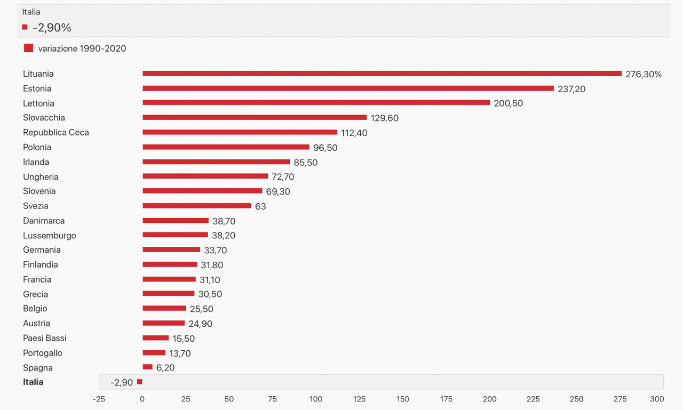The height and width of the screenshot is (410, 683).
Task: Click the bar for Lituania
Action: pyautogui.click(x=382, y=74)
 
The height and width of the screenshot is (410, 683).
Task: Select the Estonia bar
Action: pyautogui.click(x=348, y=89)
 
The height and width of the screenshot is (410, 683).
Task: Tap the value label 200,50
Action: pyautogui.click(x=508, y=103)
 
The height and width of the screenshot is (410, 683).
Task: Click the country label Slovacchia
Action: pyautogui.click(x=44, y=118)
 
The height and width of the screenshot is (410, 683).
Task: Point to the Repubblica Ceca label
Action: pyautogui.click(x=56, y=132)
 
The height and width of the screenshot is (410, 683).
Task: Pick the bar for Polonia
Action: pyautogui.click(x=226, y=147)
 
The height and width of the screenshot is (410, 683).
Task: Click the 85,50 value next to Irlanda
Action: pyautogui.click(x=305, y=162)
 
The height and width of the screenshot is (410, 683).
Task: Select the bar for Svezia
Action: pyautogui.click(x=196, y=206)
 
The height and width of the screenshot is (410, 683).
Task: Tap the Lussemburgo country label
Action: pyautogui.click(x=50, y=235)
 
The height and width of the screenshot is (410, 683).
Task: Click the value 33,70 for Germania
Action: pyautogui.click(x=215, y=250)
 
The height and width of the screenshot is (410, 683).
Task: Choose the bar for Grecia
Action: pyautogui.click(x=168, y=294)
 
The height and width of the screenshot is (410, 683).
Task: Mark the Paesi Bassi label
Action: pyautogui.click(x=45, y=338)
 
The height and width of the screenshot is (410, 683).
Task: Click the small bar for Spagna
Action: pyautogui.click(x=147, y=367)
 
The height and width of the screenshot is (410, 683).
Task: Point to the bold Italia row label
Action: pyautogui.click(x=33, y=382)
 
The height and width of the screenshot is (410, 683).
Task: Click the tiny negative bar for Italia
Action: pyautogui.click(x=140, y=382)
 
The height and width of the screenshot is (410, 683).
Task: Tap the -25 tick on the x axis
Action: pyautogui.click(x=99, y=399)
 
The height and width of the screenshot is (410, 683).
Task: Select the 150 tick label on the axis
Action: pyautogui.click(x=403, y=399)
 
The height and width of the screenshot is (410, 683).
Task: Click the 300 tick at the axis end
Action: pyautogui.click(x=657, y=399)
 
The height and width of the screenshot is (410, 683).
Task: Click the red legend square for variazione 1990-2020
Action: pyautogui.click(x=28, y=48)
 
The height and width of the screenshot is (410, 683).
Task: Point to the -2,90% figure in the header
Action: pyautogui.click(x=52, y=28)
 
